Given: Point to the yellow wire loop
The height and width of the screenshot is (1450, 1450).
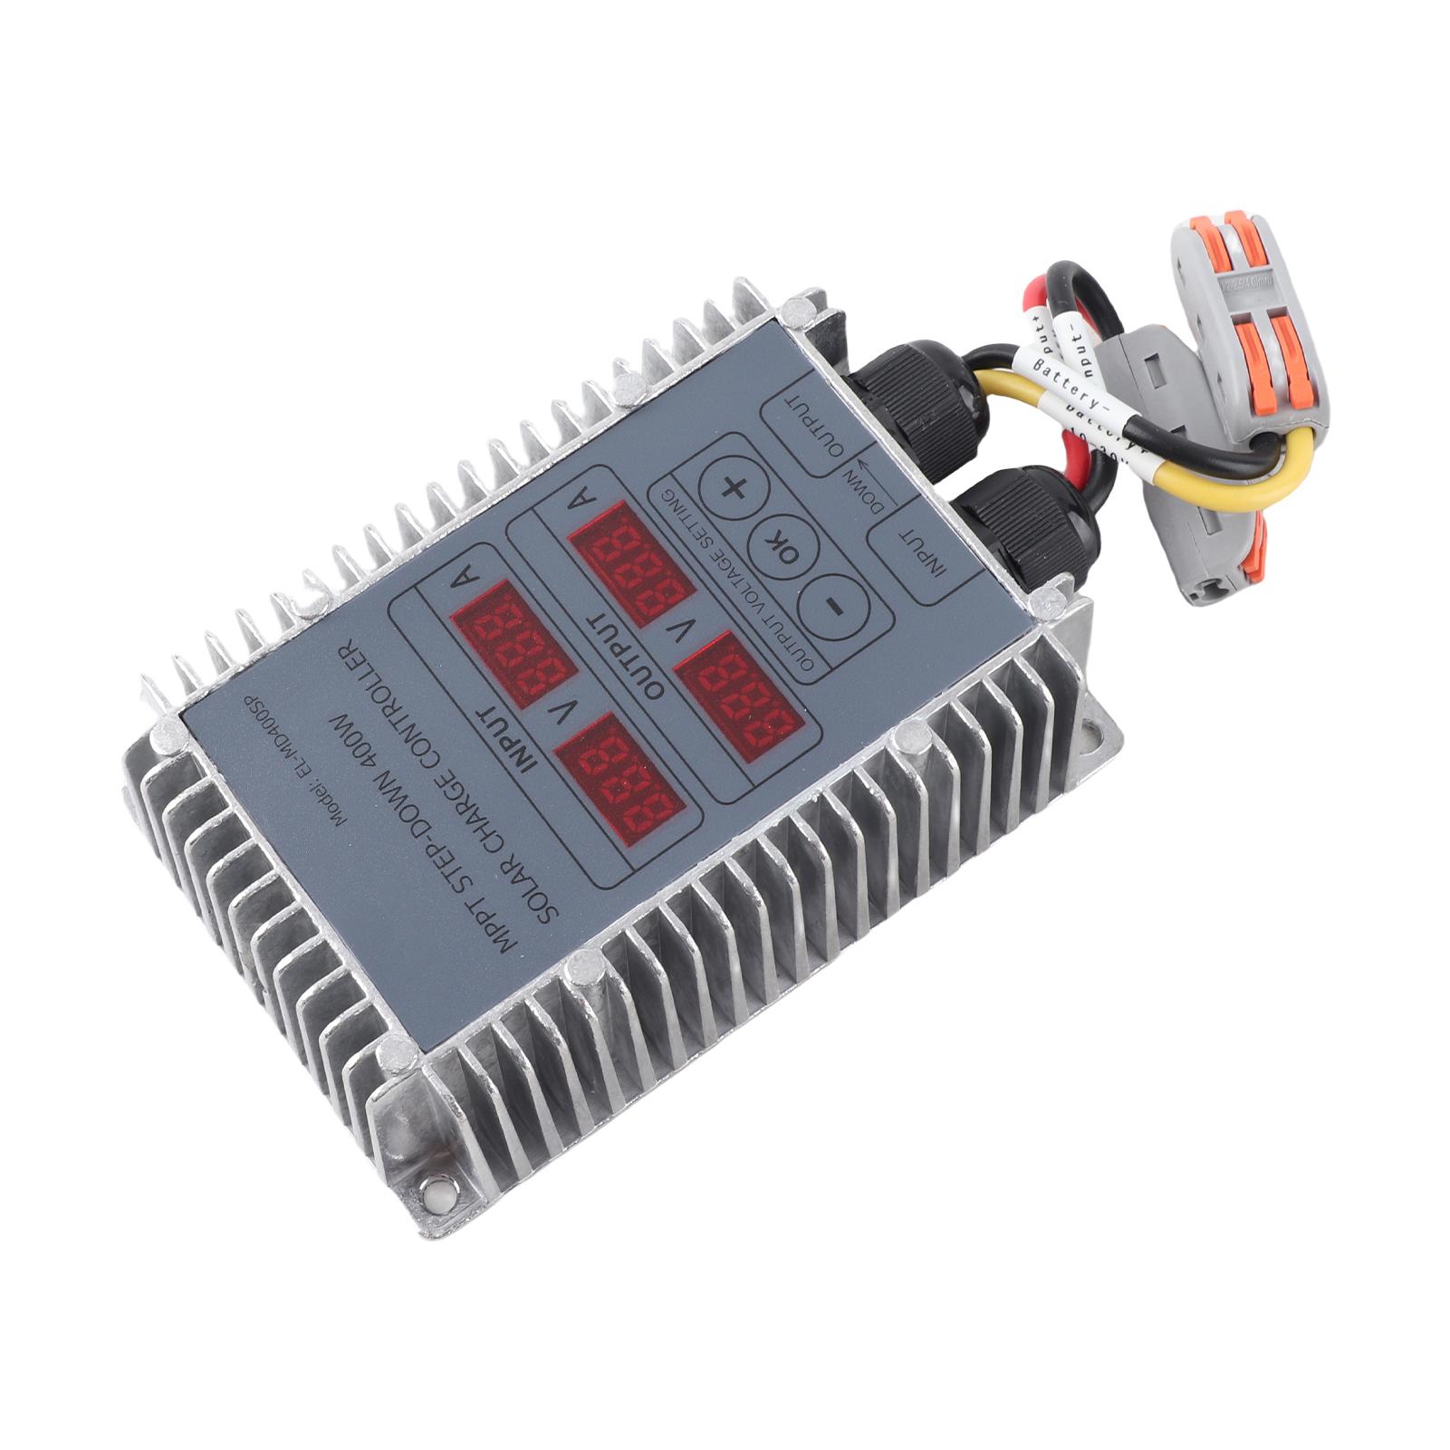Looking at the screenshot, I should (1232, 480).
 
